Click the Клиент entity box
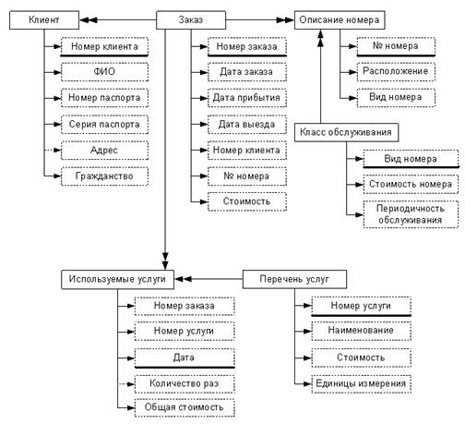(44, 20)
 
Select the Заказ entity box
(191, 20)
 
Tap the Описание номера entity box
(340, 20)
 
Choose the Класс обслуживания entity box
(346, 132)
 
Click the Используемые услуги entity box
(117, 279)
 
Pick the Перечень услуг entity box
(294, 279)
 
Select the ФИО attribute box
(104, 72)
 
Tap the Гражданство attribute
(104, 176)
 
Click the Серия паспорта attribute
(104, 124)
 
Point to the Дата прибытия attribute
(247, 98)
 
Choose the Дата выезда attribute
(247, 124)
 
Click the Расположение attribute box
(396, 72)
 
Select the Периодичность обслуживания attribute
(411, 214)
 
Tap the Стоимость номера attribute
(411, 185)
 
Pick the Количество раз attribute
(185, 384)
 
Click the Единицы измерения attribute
(362, 384)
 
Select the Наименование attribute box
(362, 331)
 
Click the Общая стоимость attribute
(185, 407)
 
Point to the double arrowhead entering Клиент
(89, 20)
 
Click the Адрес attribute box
(104, 151)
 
